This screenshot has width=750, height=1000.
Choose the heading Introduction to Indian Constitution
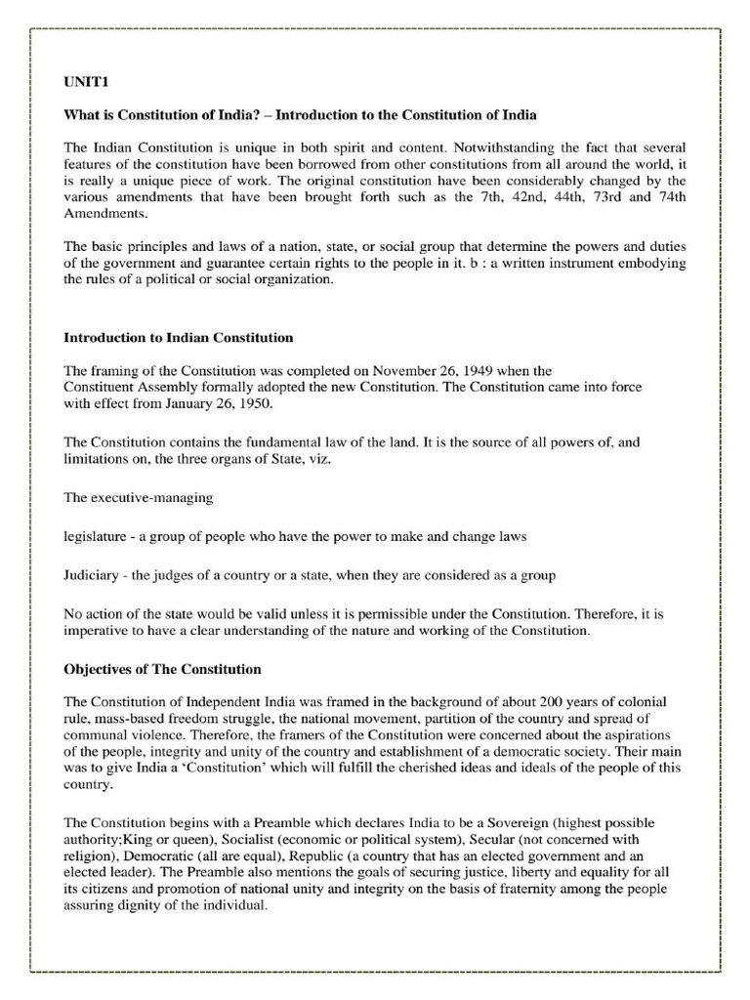(x=179, y=338)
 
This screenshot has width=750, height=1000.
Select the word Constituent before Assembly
(x=100, y=388)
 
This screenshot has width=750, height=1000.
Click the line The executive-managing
(x=138, y=497)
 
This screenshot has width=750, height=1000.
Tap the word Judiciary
(x=94, y=575)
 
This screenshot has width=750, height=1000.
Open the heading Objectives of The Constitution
(x=162, y=670)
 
